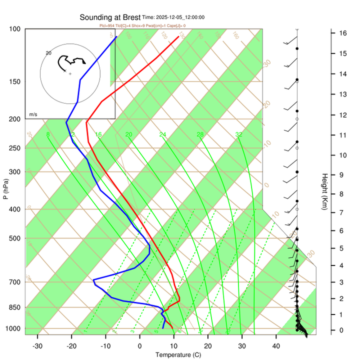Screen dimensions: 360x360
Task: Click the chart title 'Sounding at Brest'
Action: [x=110, y=17]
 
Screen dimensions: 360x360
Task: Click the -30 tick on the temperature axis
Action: [x=37, y=346]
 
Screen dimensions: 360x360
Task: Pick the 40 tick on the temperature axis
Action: [x=276, y=346]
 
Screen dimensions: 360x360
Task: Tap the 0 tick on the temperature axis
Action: [x=139, y=346]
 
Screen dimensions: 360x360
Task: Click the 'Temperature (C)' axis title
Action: [x=177, y=355]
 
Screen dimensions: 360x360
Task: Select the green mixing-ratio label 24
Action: [x=162, y=134]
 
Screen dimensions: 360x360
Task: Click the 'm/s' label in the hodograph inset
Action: [x=33, y=114]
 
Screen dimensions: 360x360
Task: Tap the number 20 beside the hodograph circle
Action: [x=48, y=52]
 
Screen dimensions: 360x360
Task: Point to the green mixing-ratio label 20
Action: [x=128, y=134]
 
